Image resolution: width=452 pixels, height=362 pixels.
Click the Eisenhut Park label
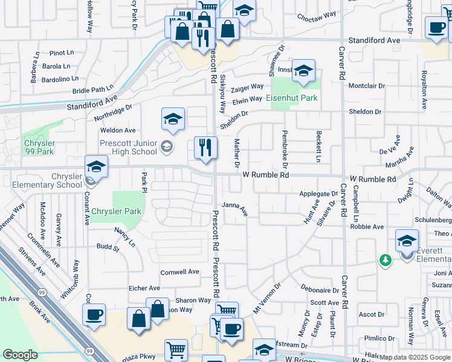293,98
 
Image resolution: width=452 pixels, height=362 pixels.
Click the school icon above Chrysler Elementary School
95,166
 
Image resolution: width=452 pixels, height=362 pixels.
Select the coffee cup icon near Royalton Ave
436,27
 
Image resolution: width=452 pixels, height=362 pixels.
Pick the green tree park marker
384,259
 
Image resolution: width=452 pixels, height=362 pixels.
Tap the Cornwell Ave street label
179,272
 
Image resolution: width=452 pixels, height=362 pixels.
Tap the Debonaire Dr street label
320,290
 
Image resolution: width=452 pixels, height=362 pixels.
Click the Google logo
21,355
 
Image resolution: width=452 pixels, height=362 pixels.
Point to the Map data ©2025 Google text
415,358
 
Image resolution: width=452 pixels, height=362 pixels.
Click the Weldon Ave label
118,130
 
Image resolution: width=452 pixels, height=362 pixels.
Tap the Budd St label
108,247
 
